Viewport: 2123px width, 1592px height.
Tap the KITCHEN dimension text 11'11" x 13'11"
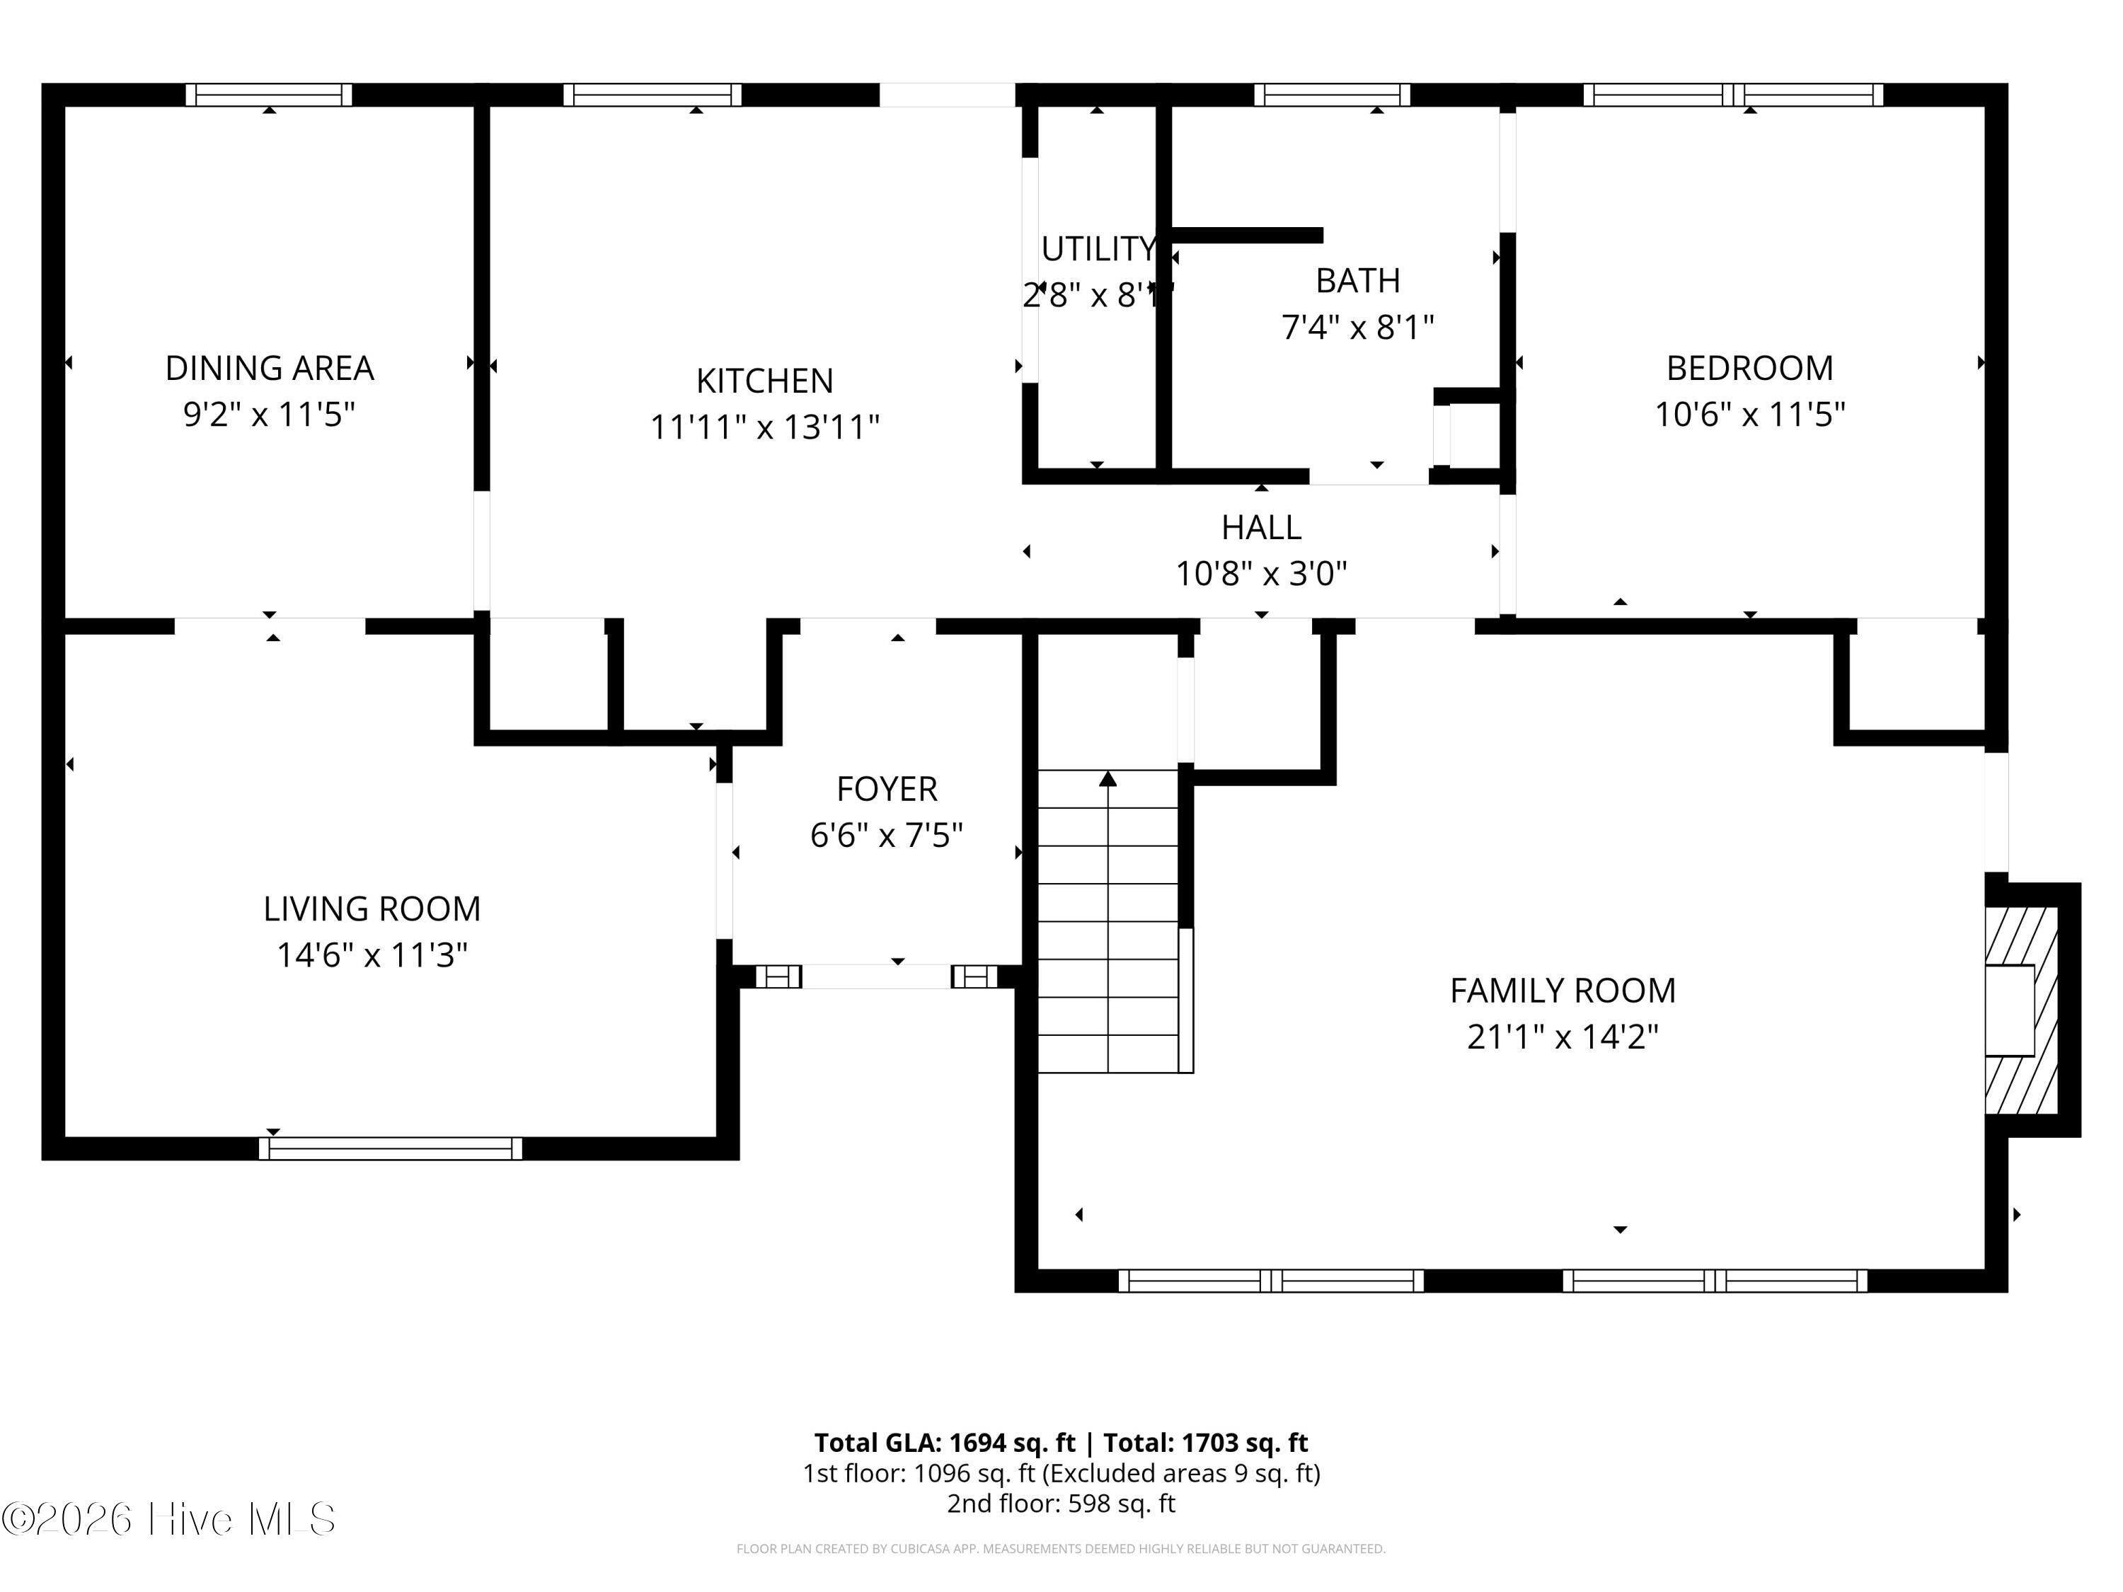[765, 427]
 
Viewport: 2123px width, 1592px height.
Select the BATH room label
[1358, 280]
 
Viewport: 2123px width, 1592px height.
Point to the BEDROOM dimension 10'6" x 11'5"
[1749, 415]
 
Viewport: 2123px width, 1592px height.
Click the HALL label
[1261, 527]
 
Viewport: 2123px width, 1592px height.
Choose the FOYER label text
[887, 789]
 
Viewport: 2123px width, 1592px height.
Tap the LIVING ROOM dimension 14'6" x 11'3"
[372, 954]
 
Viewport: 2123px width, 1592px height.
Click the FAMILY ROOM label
[1563, 991]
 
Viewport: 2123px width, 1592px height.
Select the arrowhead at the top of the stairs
[1107, 778]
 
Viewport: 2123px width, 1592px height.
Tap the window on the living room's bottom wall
[391, 1148]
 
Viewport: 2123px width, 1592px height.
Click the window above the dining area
[269, 95]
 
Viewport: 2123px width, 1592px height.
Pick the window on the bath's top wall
[1332, 95]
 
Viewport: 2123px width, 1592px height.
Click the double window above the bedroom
[1733, 95]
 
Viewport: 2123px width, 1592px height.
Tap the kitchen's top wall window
[652, 95]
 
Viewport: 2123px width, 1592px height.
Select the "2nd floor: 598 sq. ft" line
[1061, 1504]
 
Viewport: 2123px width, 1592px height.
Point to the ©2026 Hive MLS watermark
[169, 1519]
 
